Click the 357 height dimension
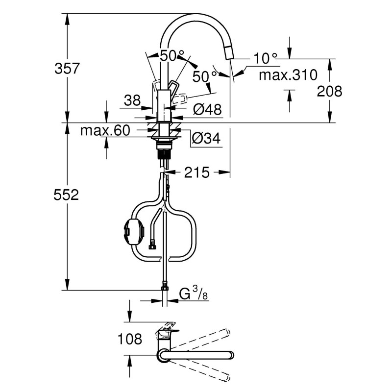67,68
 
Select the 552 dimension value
67,195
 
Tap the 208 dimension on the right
329,91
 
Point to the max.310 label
288,75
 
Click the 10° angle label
265,59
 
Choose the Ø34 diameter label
205,139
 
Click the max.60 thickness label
105,131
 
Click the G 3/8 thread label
192,294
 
